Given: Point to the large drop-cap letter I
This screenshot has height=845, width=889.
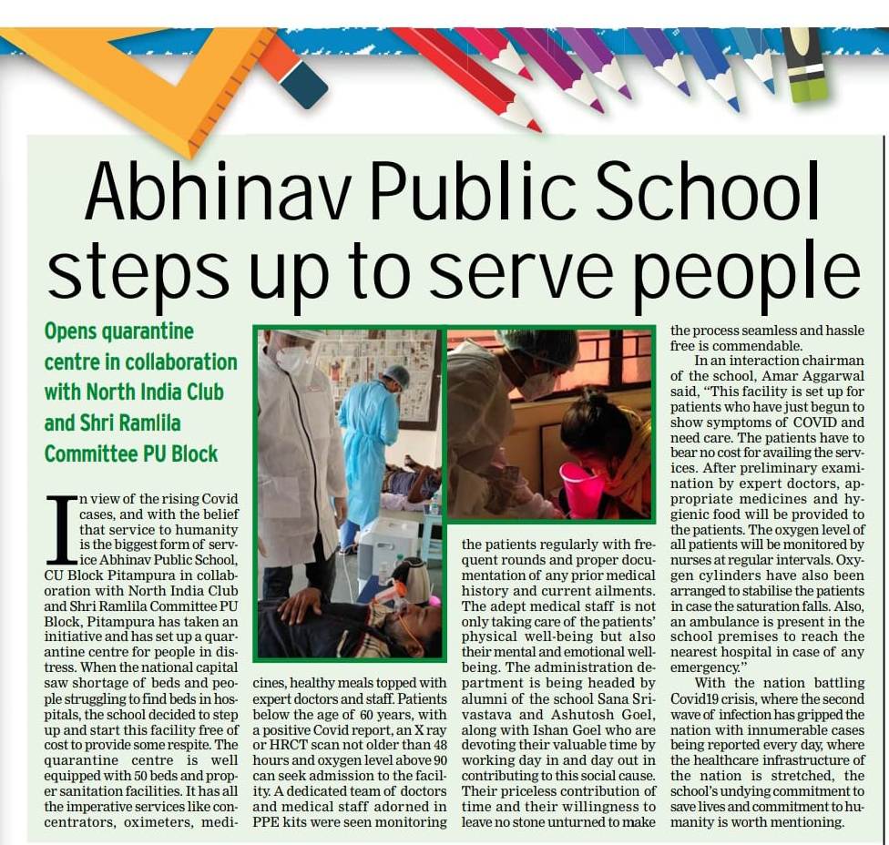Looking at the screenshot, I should [x=62, y=528].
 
